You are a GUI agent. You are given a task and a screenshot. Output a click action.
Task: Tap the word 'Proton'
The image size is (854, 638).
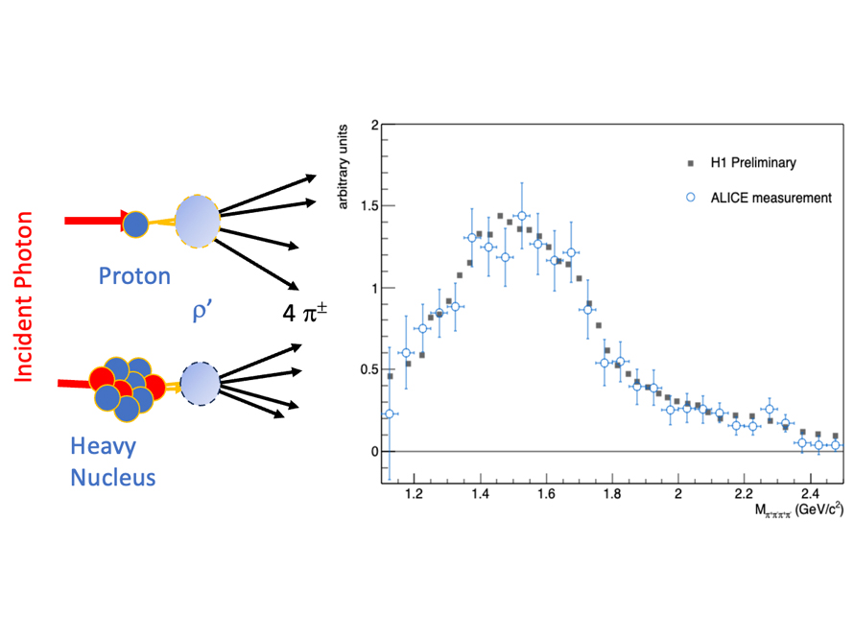[x=135, y=277]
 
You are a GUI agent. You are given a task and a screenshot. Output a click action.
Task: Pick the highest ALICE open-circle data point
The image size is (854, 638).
[x=521, y=216]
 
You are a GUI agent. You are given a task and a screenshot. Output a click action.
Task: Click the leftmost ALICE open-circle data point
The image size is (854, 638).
[x=390, y=414]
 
